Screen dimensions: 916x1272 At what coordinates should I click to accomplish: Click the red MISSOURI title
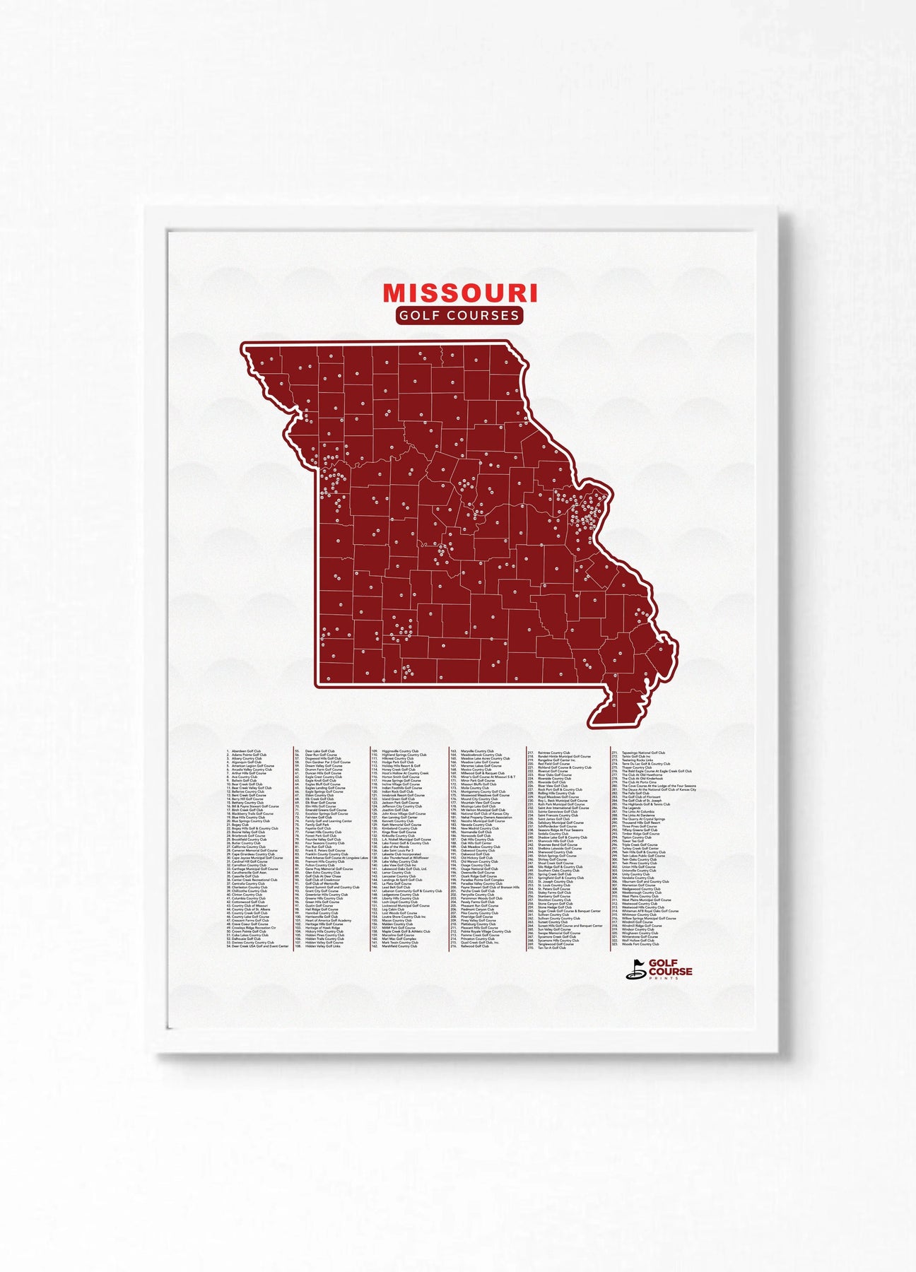[459, 292]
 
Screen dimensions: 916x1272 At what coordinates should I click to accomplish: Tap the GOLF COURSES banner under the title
[459, 315]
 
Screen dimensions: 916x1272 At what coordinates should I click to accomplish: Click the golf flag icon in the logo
[635, 972]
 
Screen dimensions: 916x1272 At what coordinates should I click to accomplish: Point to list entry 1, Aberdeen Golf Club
[244, 751]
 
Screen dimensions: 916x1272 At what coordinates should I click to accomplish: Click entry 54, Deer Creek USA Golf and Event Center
[259, 946]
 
